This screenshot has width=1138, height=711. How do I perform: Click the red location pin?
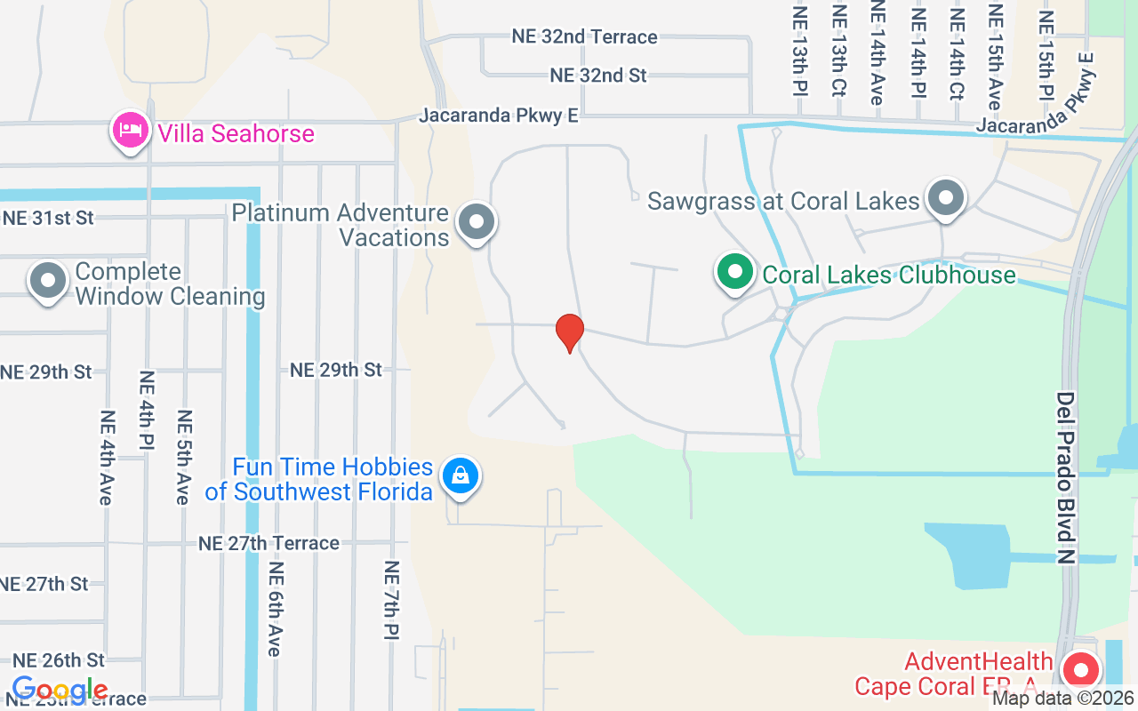(570, 332)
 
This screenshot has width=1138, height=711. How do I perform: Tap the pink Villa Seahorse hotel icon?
(131, 132)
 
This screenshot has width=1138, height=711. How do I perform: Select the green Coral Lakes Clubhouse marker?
(734, 272)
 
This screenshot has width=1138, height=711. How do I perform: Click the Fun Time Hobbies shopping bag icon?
(461, 475)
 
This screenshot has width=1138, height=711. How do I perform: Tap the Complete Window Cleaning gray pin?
(48, 281)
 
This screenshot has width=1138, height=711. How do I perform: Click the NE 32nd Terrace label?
(584, 36)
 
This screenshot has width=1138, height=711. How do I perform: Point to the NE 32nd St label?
(598, 76)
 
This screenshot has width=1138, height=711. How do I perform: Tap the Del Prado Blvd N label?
(1067, 477)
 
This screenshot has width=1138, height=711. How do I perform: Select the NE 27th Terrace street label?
(268, 543)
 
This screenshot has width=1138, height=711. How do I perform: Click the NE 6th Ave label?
(275, 609)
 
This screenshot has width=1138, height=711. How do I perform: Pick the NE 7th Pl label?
(391, 600)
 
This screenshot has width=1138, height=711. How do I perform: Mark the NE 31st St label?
(48, 218)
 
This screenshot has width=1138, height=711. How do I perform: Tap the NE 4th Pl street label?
(147, 409)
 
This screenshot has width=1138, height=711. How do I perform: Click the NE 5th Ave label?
(184, 457)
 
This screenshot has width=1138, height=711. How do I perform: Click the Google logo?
(60, 690)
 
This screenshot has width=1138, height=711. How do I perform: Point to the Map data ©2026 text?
(1063, 699)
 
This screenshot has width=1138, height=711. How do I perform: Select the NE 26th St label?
(59, 660)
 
